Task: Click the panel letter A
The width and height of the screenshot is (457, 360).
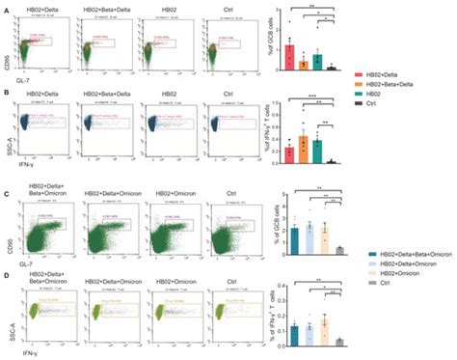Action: pyautogui.click(x=6, y=7)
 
